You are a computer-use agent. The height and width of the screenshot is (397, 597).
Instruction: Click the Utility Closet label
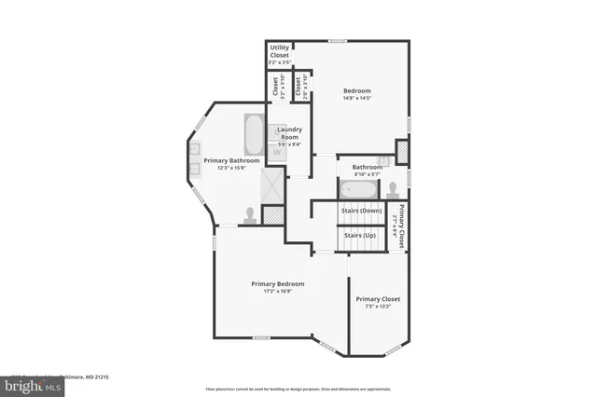[280, 50]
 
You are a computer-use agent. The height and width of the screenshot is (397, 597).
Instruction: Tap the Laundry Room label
[288, 133]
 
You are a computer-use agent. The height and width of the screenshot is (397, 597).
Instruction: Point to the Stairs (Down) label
[361, 211]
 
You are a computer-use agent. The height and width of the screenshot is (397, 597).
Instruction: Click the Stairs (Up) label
[360, 235]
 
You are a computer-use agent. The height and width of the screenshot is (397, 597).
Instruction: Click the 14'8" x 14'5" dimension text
[357, 98]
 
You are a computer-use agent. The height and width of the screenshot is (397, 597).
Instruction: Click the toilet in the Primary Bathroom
[250, 214]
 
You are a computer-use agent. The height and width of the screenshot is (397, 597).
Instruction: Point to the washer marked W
[277, 153]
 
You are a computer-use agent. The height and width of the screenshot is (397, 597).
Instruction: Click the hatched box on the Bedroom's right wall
[402, 151]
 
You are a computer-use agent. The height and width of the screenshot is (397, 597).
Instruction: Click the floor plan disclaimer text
[298, 388]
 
